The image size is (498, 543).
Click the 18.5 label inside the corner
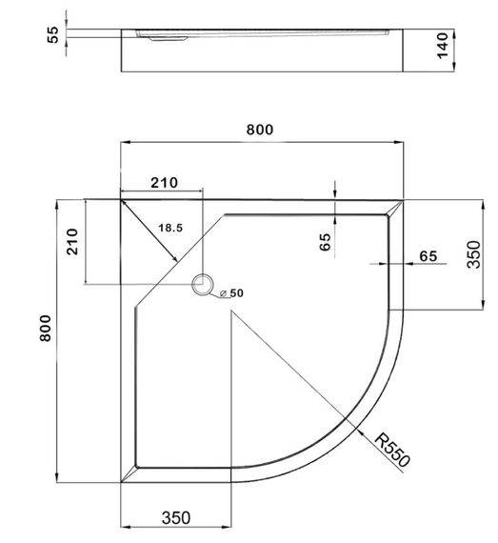(x=171, y=229)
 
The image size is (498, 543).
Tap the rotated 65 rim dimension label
(x=325, y=243)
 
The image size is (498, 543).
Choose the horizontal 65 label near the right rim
(x=428, y=255)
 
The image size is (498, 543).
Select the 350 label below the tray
(x=176, y=517)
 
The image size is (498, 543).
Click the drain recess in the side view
(x=165, y=39)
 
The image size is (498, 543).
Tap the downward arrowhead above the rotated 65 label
(x=335, y=194)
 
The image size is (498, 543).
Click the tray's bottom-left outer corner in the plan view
(x=121, y=482)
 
